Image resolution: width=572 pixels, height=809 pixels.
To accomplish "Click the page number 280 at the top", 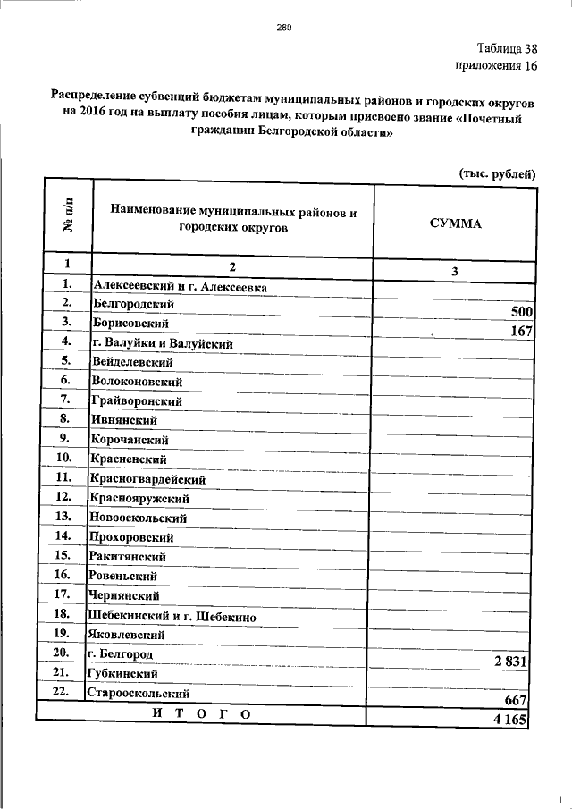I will pos(284,27).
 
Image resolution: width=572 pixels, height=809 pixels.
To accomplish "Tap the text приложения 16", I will pos(496,65).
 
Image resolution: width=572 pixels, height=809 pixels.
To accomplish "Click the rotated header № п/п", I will pos(66,217).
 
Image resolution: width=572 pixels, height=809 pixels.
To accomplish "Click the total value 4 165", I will pos(512,719).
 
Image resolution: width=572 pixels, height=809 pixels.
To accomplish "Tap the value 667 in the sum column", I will pos(518,700).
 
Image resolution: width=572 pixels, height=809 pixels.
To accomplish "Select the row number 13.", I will pos(63,517).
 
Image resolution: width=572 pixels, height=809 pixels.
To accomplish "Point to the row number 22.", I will pos(63,692).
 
